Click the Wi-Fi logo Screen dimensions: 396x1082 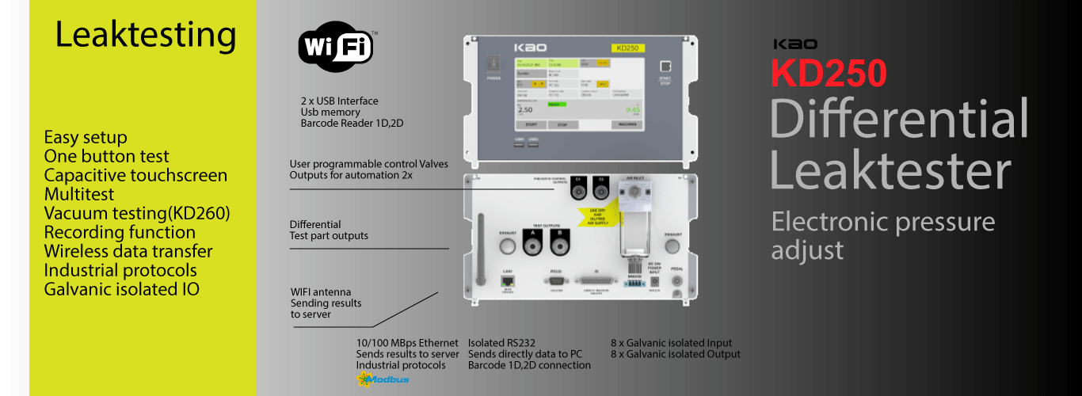pos(335,47)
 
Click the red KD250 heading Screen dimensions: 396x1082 pos(829,73)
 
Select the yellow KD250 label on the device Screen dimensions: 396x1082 pos(627,48)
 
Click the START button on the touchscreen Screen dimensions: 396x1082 pos(531,124)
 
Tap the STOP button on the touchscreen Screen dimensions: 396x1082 pos(562,124)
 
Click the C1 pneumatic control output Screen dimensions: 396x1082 pos(580,186)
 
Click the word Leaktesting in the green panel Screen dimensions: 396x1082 pos(146,35)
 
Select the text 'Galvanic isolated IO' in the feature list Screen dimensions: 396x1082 pos(121,289)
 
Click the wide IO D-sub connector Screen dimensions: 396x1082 pos(597,280)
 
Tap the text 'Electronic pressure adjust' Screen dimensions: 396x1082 pos(882,235)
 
